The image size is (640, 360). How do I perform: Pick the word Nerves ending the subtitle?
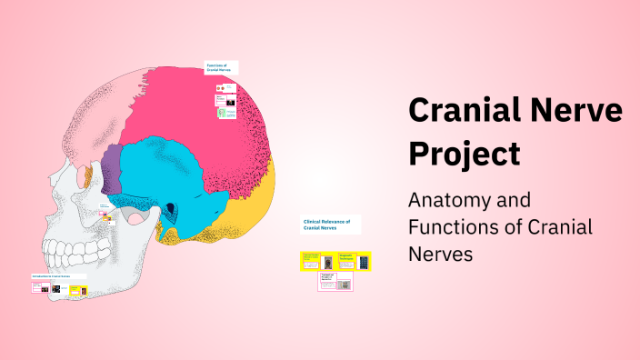441,255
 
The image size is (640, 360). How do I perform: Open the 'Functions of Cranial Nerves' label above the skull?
219,67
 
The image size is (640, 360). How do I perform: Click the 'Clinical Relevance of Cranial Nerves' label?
330,224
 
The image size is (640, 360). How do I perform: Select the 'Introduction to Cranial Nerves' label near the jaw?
56,276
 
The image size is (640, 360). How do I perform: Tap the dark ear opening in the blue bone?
169,210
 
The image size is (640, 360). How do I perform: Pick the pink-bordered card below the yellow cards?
335,282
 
